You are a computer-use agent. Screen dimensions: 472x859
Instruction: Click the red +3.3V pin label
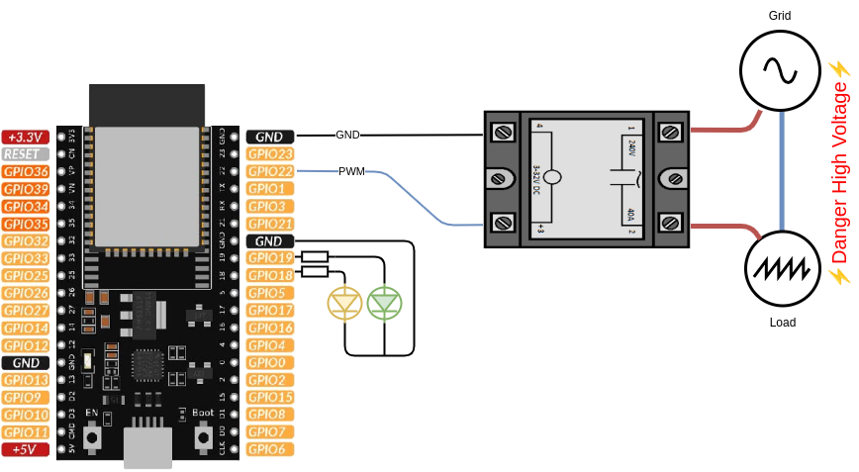[26, 137]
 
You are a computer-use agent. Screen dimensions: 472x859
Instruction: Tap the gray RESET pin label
[26, 154]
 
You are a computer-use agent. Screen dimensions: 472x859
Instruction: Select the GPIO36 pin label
[26, 171]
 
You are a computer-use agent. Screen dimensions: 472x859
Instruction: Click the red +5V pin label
[26, 449]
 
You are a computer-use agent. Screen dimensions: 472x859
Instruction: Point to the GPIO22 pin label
[269, 171]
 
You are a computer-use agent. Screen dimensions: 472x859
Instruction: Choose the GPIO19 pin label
[269, 258]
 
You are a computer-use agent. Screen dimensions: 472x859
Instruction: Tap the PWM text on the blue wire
[351, 171]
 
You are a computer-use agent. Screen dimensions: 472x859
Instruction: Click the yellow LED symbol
[344, 302]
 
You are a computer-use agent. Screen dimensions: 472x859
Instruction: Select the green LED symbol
[384, 302]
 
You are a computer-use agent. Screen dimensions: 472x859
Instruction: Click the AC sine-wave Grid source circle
[781, 69]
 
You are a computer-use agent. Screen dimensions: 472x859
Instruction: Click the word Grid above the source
[780, 16]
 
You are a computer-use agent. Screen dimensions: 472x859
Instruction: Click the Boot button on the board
[204, 434]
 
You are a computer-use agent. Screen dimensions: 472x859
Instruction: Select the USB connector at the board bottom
[148, 448]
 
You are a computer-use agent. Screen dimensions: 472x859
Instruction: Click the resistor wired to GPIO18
[315, 274]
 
